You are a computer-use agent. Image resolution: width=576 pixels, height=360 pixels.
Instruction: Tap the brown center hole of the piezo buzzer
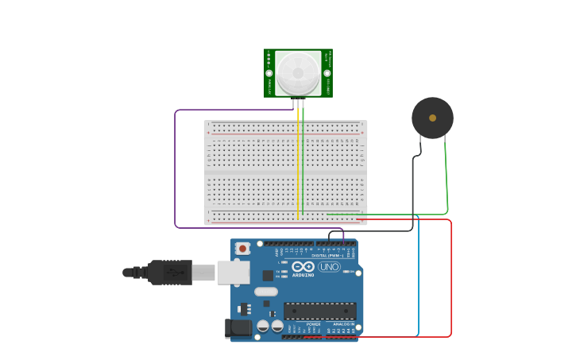pos(432,118)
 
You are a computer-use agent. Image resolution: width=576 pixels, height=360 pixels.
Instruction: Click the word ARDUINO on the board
pos(303,275)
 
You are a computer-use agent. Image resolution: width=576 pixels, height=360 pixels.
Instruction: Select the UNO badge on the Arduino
pos(329,267)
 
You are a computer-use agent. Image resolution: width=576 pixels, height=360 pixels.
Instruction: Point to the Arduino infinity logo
pos(303,266)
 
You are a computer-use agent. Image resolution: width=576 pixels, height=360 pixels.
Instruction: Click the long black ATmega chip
pos(319,310)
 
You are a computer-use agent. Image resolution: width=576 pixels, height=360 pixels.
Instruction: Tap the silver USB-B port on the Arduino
pos(234,273)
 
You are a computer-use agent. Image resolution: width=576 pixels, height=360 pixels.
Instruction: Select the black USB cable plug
pos(170,273)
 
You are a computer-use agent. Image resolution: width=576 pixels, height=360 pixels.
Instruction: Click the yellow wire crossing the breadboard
pos(298,167)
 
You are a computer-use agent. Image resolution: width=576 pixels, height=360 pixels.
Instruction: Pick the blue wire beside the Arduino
pos(418,278)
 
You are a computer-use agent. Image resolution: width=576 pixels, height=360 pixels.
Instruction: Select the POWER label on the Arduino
pos(314,323)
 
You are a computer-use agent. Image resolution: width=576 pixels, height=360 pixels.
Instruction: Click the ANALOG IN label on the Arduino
pos(342,323)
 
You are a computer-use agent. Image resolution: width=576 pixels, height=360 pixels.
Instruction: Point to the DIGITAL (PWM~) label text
pos(325,256)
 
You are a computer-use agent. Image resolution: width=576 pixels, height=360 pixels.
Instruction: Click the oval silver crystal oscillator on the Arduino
pos(266,292)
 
